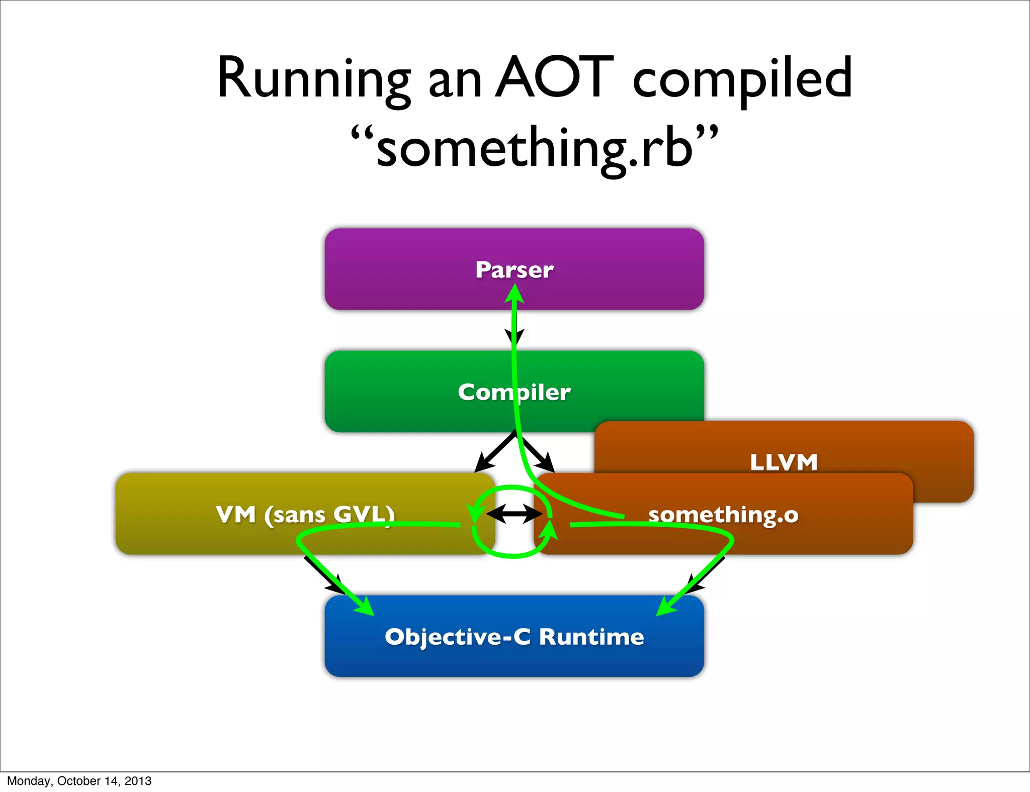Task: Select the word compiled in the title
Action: [x=742, y=79]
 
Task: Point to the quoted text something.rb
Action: [x=534, y=148]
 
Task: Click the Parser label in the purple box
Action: [x=514, y=270]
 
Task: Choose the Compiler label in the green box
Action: [x=514, y=392]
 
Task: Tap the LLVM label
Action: [x=784, y=462]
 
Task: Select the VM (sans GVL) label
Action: [x=305, y=515]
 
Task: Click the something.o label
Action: [x=723, y=515]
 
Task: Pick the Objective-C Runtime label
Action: [x=514, y=637]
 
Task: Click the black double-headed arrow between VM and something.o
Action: [x=514, y=514]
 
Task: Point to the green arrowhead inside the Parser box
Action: [x=514, y=294]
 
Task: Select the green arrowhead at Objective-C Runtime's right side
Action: [x=666, y=607]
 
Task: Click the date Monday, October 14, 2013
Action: [x=79, y=781]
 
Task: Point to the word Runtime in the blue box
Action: [x=591, y=637]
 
